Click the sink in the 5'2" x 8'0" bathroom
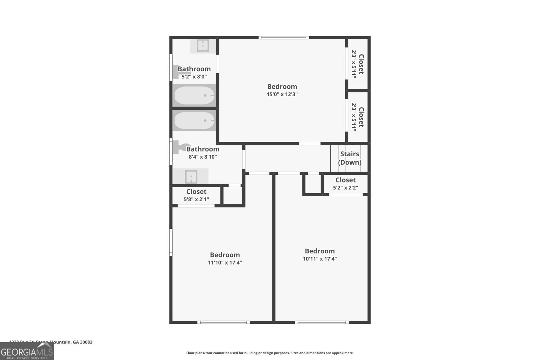203,46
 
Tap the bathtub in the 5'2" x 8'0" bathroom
194,95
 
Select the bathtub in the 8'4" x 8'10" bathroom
194,120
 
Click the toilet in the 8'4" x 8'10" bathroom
179,148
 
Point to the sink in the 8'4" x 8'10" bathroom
191,176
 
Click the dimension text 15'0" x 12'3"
282,94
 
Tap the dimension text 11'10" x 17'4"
225,263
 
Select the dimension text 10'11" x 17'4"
320,259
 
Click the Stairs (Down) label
350,158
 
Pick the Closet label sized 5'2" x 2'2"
345,180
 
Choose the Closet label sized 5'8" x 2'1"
196,192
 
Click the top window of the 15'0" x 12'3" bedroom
283,37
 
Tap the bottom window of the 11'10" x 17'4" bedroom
223,322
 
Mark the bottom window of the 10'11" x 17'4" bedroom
322,322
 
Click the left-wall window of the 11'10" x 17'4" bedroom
171,242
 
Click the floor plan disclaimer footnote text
270,353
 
